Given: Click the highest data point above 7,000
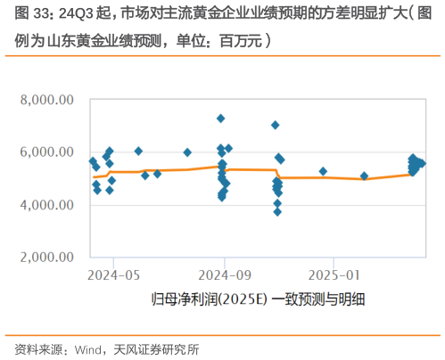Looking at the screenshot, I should [x=221, y=119].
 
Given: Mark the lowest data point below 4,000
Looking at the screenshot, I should [x=277, y=212].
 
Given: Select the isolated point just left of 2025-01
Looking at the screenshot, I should [x=323, y=171].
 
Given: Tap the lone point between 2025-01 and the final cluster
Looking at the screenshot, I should [x=364, y=176].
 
